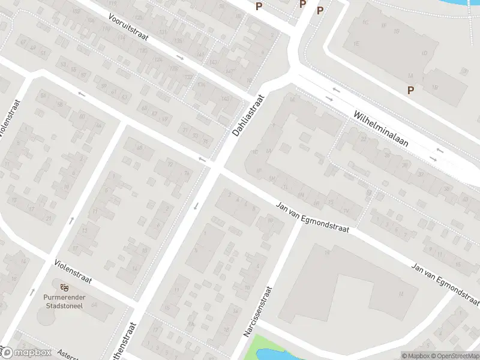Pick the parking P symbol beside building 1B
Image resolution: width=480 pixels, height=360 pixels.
(x=411, y=90)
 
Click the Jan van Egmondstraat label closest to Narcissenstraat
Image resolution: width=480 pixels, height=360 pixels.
(x=312, y=216)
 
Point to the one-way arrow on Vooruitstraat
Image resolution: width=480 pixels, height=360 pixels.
(x=180, y=57)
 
